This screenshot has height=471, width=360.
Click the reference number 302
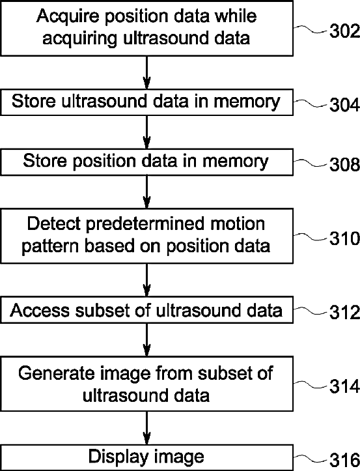[x=344, y=31]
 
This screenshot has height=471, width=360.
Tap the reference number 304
[x=344, y=105]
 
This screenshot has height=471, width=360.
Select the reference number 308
[x=344, y=164]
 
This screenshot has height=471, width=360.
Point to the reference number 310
[x=344, y=238]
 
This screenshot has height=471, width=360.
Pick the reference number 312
[x=344, y=313]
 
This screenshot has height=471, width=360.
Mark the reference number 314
[x=344, y=386]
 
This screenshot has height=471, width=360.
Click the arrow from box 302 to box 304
[x=146, y=72]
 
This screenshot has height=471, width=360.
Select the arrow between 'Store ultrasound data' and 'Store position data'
[x=146, y=132]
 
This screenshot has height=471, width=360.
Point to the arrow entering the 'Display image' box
[x=146, y=428]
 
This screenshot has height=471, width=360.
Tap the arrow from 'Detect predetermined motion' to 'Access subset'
[x=146, y=280]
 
